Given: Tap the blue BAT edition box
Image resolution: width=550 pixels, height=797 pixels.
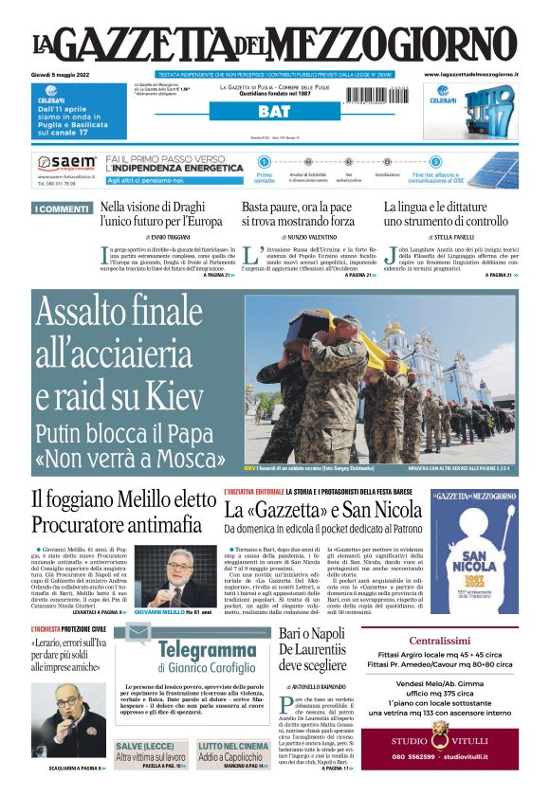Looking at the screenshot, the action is [x=274, y=111].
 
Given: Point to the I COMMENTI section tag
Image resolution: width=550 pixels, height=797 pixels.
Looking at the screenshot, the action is [x=61, y=208].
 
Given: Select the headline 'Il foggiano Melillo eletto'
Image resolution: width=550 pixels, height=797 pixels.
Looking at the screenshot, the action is [x=123, y=499].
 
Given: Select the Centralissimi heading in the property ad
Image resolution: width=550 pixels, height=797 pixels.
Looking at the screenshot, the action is [x=439, y=640].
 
